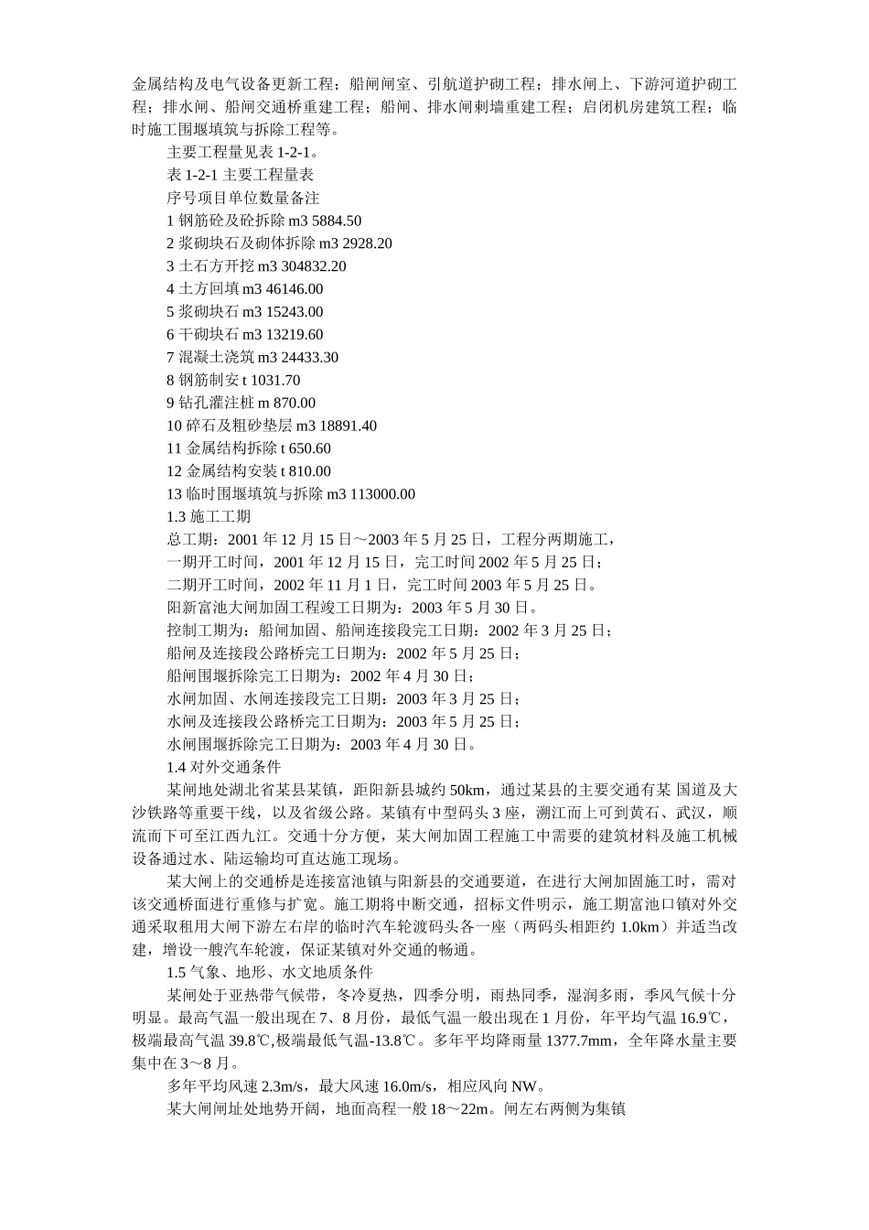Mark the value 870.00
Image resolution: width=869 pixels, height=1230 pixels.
[x=294, y=403]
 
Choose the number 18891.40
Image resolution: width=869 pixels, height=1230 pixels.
[x=344, y=426]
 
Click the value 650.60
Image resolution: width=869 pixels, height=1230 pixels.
[x=308, y=448]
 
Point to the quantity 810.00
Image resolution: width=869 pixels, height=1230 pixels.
[x=308, y=471]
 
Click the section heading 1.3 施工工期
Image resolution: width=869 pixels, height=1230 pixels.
[x=202, y=517]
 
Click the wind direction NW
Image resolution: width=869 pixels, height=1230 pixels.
[x=526, y=1086]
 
